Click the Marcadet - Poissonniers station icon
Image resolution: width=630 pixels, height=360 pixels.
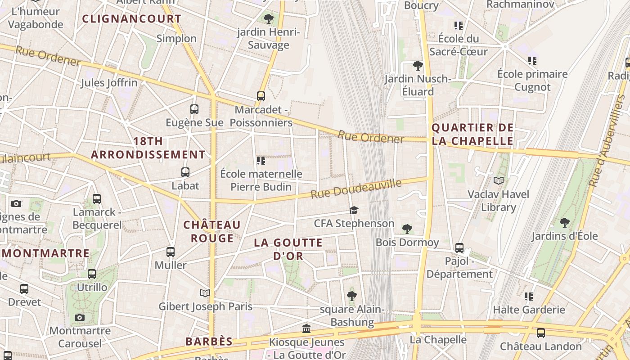(x=261, y=96)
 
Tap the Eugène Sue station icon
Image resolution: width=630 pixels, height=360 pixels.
(x=194, y=109)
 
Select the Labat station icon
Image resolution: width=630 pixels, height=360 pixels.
(x=185, y=172)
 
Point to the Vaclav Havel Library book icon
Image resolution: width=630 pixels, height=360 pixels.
(x=499, y=181)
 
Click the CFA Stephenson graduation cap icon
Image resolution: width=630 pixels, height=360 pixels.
(x=354, y=210)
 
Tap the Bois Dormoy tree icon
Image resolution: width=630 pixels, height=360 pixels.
(x=407, y=229)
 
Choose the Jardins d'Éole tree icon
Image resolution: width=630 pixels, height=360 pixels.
(x=565, y=223)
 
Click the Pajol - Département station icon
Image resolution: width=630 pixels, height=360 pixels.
(x=459, y=247)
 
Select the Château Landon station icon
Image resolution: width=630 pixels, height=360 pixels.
(x=541, y=333)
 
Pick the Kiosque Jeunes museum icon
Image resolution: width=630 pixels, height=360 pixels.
(x=306, y=328)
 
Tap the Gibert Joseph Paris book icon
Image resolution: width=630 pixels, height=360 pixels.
(x=205, y=293)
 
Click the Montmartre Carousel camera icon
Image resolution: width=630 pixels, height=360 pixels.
(x=80, y=318)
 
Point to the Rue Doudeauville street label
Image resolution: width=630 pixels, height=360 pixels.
(x=356, y=189)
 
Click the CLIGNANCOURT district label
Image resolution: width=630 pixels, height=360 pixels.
(x=132, y=19)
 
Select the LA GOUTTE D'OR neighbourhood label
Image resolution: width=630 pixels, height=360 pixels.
(x=288, y=249)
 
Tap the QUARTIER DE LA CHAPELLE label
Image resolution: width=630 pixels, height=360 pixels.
(x=472, y=134)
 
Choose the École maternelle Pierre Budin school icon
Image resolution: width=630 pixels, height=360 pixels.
(x=261, y=160)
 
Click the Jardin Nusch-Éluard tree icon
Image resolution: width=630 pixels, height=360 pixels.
(x=418, y=66)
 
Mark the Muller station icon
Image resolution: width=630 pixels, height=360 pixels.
(x=171, y=252)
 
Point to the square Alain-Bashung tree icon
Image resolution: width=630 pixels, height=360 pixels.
(x=352, y=296)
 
